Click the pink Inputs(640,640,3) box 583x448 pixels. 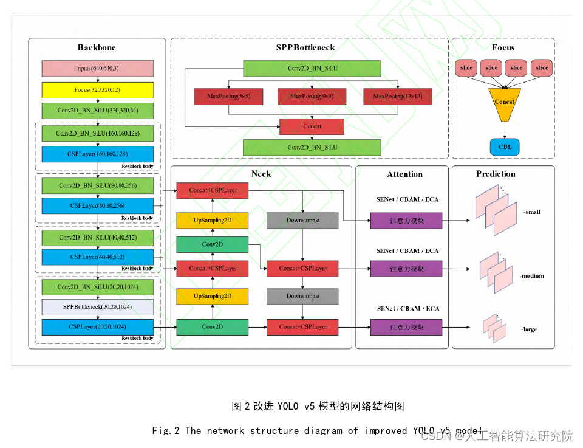(x=97, y=68)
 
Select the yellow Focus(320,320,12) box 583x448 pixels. (x=97, y=89)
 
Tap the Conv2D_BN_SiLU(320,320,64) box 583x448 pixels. (x=97, y=111)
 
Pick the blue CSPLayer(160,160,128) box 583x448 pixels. (x=97, y=154)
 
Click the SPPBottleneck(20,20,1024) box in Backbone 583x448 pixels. (x=97, y=307)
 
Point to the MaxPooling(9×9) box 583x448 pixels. (x=312, y=97)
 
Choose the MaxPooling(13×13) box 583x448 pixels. (x=398, y=97)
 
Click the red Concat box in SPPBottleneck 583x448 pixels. (x=312, y=126)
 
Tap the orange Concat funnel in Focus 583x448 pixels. (x=505, y=102)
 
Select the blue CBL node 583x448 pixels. (x=505, y=146)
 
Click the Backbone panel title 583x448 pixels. (x=97, y=47)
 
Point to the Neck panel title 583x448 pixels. (x=261, y=174)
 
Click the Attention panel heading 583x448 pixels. (x=404, y=174)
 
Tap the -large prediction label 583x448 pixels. (x=529, y=329)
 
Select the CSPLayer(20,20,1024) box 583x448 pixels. (x=97, y=327)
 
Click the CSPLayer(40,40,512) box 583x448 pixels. (x=97, y=257)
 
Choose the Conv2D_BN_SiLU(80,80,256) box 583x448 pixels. (x=97, y=185)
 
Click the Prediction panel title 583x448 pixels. (x=496, y=174)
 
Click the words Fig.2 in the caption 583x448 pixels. (x=166, y=431)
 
